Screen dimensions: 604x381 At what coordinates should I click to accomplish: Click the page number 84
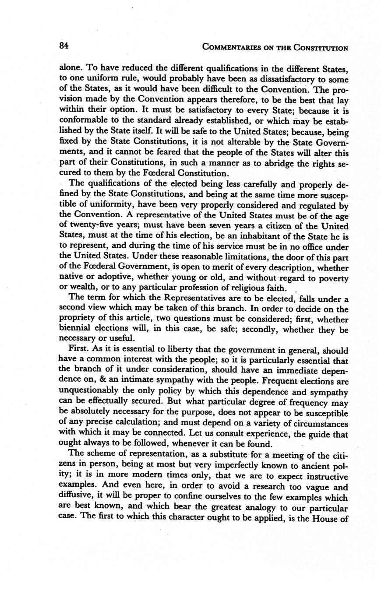click(x=64, y=46)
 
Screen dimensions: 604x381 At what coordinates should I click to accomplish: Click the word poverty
click(x=332, y=278)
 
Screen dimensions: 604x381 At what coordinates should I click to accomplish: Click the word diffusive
click(x=75, y=498)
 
